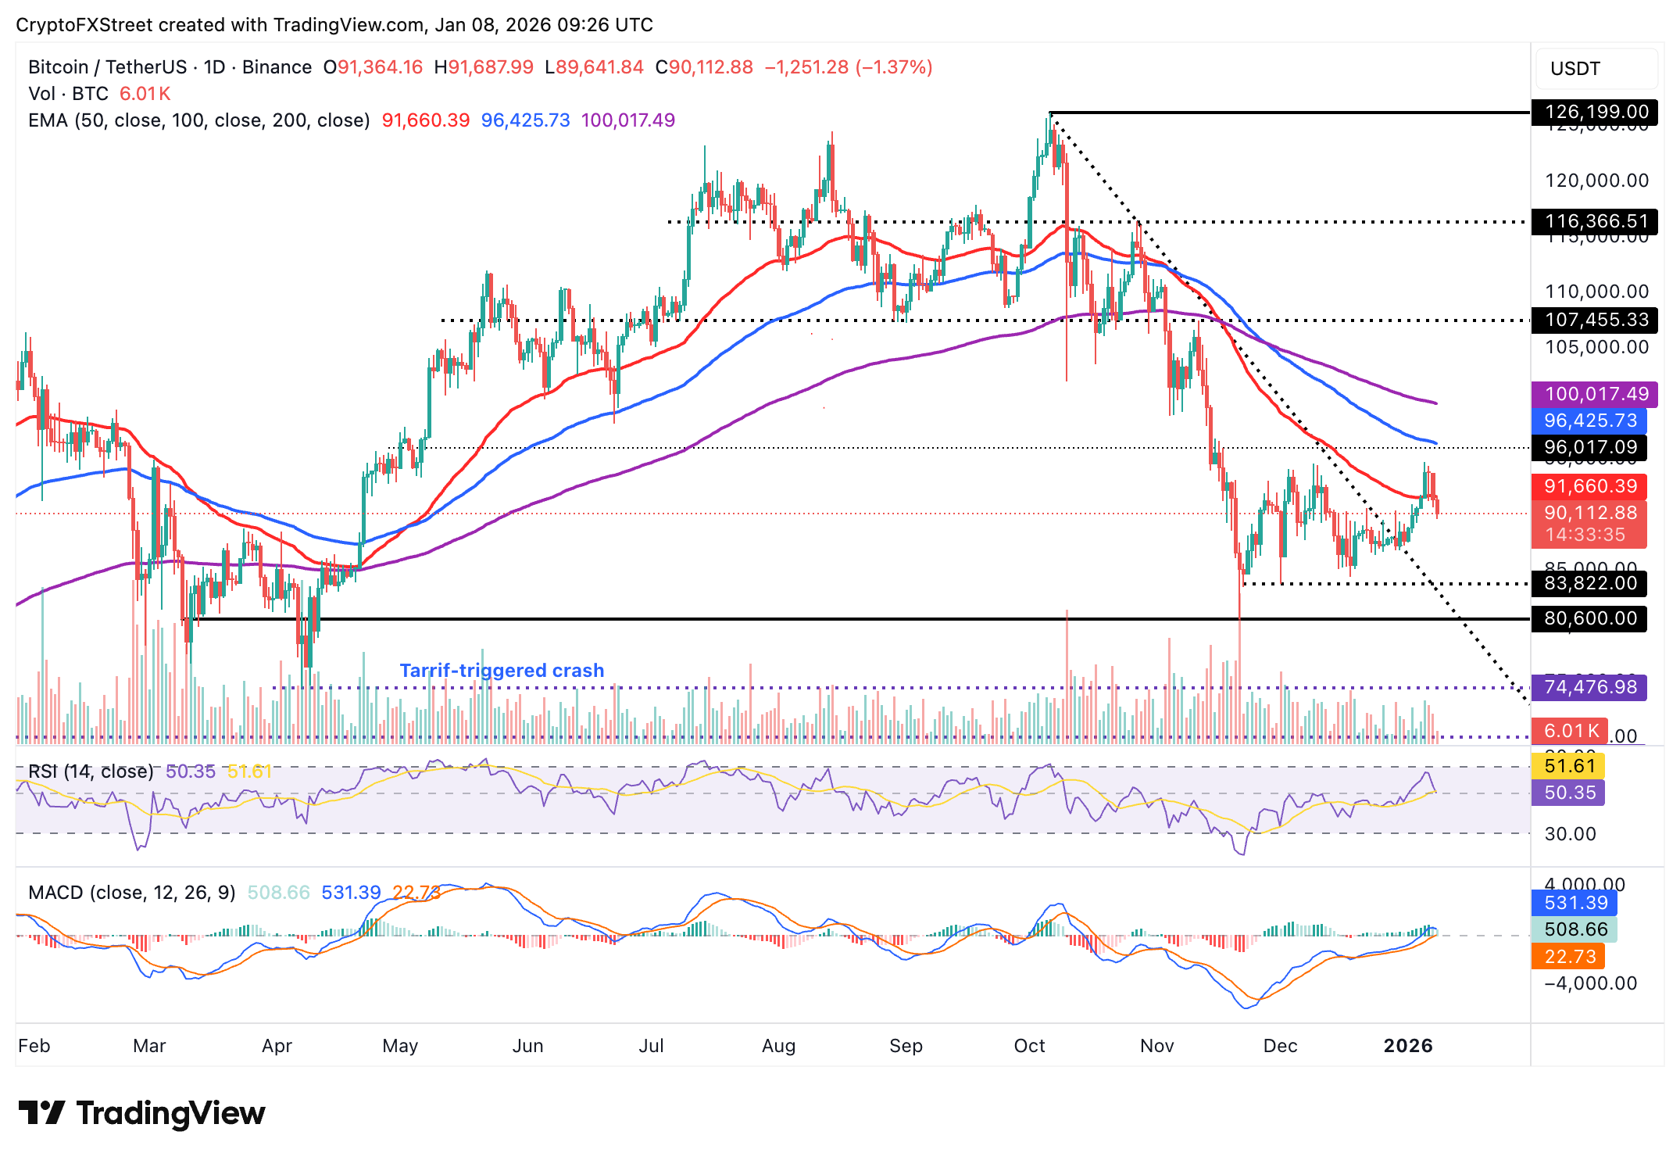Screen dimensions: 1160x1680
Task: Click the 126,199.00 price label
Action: click(1596, 113)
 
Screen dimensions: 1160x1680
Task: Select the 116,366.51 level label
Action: click(1596, 222)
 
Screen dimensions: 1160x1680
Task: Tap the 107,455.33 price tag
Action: click(1596, 320)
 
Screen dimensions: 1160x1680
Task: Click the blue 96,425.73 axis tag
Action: click(1589, 421)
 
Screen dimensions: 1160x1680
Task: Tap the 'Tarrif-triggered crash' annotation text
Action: click(502, 671)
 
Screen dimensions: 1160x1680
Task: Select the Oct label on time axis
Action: click(1029, 1046)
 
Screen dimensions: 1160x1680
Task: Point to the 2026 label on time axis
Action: click(1407, 1046)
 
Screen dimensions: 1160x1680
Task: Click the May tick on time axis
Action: click(400, 1046)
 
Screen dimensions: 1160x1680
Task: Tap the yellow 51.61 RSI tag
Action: click(1568, 766)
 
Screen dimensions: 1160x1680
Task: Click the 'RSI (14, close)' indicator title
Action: click(91, 772)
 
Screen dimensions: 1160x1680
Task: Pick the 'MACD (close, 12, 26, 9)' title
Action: click(131, 893)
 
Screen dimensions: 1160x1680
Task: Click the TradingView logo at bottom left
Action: click(141, 1113)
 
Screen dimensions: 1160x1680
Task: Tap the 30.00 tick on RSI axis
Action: click(1570, 834)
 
